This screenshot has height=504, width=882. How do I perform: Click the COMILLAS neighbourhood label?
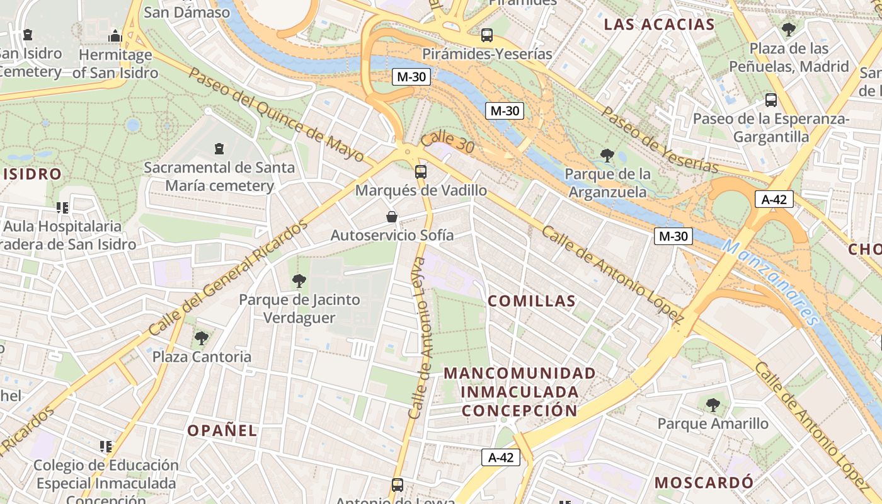click(532, 301)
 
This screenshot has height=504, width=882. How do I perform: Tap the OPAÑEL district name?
click(222, 431)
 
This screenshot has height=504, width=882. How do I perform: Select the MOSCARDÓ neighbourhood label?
click(704, 483)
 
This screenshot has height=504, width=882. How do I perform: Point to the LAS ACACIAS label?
click(659, 25)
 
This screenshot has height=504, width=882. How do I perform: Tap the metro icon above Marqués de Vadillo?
click(420, 172)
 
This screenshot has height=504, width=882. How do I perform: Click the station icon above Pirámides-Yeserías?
click(487, 35)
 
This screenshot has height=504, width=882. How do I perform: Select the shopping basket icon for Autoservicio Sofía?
click(392, 217)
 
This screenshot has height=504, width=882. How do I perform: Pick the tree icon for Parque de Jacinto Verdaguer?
click(299, 281)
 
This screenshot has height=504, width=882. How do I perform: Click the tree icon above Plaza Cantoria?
click(202, 338)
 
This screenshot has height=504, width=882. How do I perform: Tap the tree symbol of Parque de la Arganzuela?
click(607, 155)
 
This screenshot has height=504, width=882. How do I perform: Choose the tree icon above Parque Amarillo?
click(713, 405)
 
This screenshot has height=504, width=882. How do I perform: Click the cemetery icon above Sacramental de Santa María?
click(219, 149)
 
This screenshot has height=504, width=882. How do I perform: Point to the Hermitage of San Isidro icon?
click(115, 36)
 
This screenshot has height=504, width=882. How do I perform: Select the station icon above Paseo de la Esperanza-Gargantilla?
click(771, 100)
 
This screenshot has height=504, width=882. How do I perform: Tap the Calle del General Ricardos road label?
click(229, 277)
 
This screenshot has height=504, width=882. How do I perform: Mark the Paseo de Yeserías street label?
click(660, 140)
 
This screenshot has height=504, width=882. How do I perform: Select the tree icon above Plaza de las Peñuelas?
click(788, 29)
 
